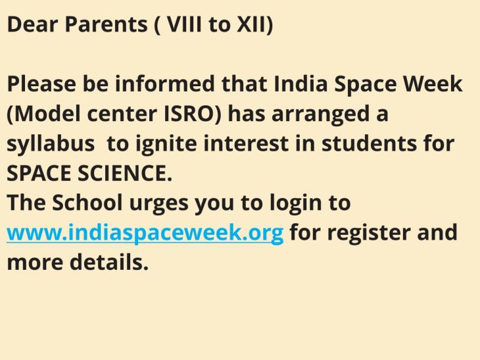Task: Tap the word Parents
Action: pos(107,24)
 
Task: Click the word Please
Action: pos(41,84)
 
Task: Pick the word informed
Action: pos(164,84)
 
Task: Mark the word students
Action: pos(369,143)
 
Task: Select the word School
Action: pos(87,203)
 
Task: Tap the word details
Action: pos(109,262)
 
